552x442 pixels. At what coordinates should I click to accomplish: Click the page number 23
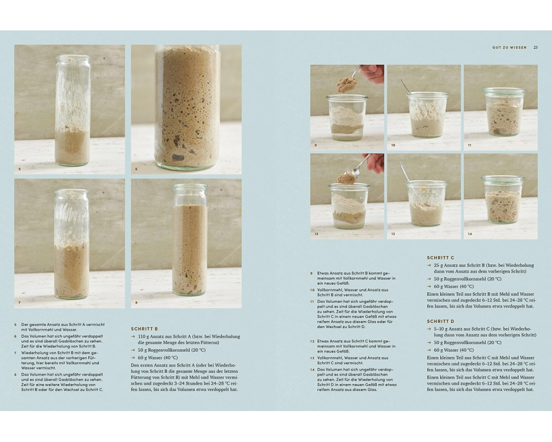point(535,47)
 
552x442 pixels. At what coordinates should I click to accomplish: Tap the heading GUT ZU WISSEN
point(509,47)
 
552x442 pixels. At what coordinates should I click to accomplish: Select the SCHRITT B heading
point(144,329)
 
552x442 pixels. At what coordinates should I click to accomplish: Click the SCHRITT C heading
point(440,257)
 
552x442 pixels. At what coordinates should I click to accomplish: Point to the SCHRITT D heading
point(440,322)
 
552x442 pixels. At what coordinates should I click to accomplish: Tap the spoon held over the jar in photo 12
point(354,169)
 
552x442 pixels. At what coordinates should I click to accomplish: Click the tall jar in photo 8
point(190,240)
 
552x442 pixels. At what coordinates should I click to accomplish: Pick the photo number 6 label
point(136,169)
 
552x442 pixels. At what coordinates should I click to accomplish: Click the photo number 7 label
point(19,302)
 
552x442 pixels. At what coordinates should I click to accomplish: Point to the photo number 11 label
point(470,145)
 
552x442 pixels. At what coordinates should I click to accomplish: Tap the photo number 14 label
point(470,234)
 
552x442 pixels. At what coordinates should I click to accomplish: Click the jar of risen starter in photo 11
point(504,112)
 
